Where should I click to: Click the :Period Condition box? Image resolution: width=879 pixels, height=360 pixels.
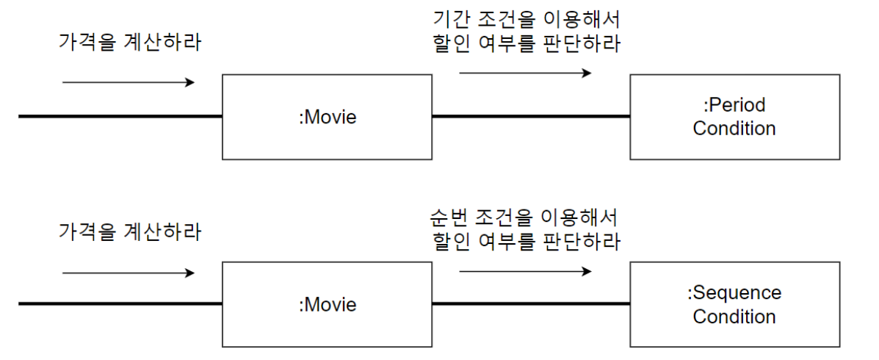coord(734,117)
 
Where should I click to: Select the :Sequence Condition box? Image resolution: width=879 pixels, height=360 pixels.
coord(734,305)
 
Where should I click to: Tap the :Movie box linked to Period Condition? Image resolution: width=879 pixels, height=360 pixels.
coord(327,117)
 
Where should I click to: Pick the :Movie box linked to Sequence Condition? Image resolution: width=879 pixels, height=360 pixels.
coord(327,305)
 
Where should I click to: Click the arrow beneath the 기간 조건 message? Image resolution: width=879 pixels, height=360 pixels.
coord(525,73)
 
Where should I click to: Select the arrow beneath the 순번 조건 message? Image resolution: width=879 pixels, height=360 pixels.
coord(525,271)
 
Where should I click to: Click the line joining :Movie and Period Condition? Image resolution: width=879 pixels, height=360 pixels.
coord(530,116)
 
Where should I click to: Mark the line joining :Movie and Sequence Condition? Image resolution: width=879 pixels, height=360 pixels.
coord(530,303)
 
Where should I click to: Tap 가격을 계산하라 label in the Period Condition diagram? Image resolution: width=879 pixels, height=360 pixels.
coord(129,41)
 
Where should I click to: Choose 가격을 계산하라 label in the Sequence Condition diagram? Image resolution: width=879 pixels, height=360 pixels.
coord(129,232)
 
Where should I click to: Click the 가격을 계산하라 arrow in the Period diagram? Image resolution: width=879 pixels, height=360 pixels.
coord(129,82)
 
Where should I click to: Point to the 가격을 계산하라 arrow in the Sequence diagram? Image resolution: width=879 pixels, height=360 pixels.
coord(129,273)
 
